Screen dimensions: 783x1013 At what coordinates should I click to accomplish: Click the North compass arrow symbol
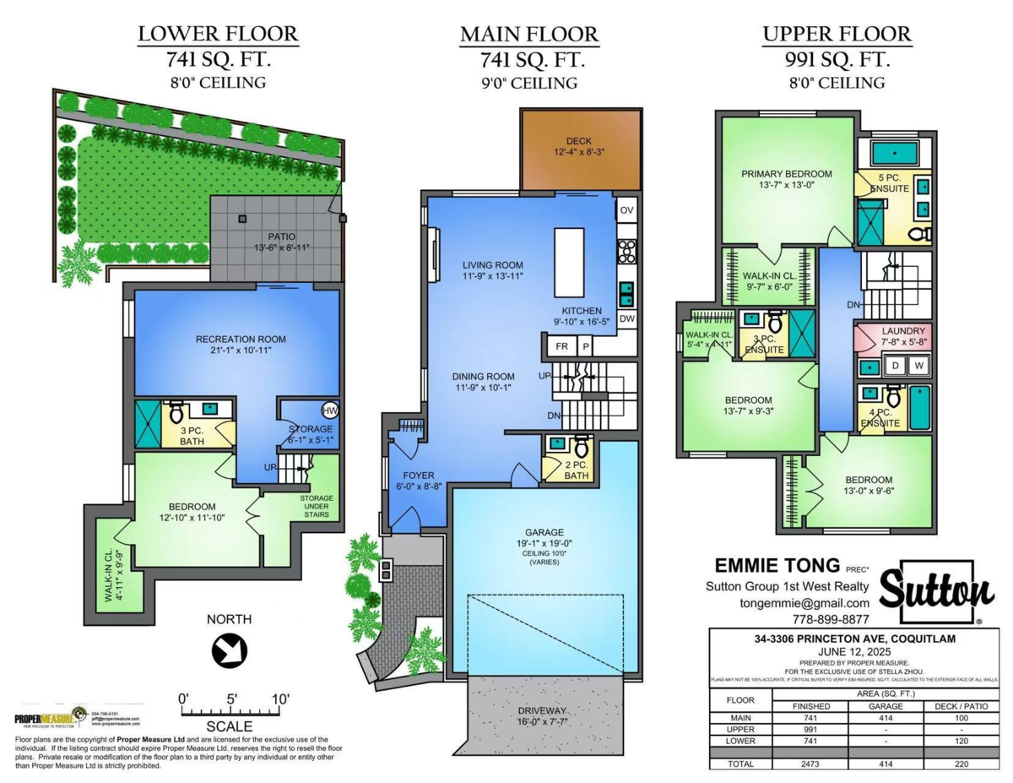(230, 651)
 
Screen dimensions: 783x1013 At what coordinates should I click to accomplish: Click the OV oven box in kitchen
(626, 210)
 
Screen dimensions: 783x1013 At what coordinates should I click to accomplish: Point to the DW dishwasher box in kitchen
(626, 319)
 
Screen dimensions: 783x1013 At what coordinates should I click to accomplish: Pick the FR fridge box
(561, 346)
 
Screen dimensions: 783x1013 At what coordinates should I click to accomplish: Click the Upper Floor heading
(837, 35)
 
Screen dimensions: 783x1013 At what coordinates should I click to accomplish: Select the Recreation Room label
(241, 339)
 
